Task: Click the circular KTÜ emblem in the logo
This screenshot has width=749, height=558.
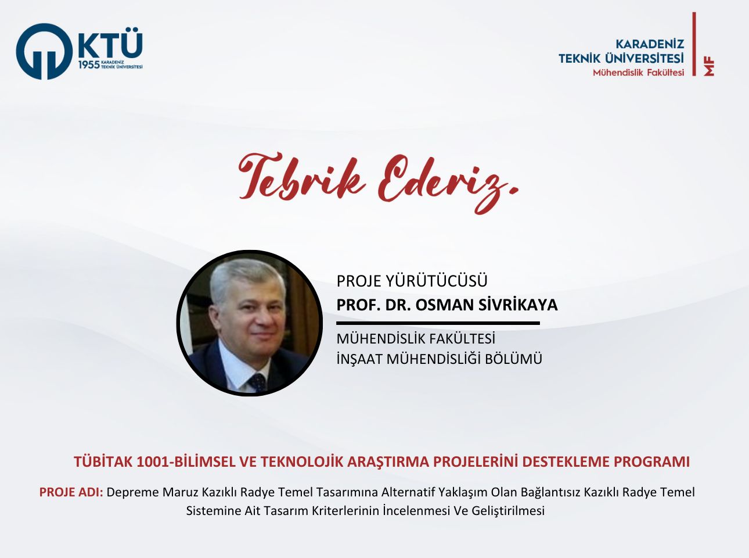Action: point(44,51)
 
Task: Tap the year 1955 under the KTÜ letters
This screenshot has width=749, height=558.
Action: point(89,65)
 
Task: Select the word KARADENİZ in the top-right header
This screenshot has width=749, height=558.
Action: point(650,44)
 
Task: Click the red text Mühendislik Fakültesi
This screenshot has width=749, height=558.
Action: point(638,73)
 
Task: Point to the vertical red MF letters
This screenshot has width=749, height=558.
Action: point(708,66)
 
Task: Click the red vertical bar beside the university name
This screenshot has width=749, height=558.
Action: point(694,44)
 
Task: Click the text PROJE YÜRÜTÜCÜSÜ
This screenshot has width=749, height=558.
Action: point(412,281)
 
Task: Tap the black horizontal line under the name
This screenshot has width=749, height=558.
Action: point(438,323)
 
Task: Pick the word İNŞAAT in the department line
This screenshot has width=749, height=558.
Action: point(359,359)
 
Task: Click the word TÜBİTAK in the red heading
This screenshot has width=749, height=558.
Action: point(103,462)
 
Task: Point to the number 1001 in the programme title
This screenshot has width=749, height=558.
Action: point(153,462)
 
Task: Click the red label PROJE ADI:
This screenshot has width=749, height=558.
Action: point(71,492)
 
